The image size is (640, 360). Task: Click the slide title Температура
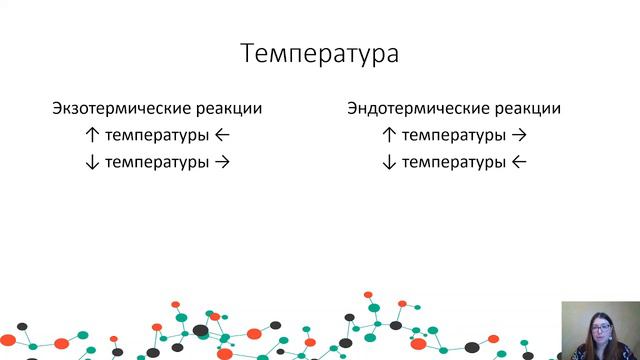pyautogui.click(x=319, y=53)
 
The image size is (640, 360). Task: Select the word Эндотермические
pyautogui.click(x=412, y=109)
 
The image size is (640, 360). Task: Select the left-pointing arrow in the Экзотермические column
pyautogui.click(x=222, y=135)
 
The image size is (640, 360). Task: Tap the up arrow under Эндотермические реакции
pyautogui.click(x=390, y=135)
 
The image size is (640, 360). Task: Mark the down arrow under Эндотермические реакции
pyautogui.click(x=390, y=161)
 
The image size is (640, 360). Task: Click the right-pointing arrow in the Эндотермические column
pyautogui.click(x=518, y=135)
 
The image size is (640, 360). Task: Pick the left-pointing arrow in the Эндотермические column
pyautogui.click(x=518, y=161)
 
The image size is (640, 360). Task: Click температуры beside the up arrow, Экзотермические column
pyautogui.click(x=157, y=135)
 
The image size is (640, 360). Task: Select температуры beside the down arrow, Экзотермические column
pyautogui.click(x=157, y=161)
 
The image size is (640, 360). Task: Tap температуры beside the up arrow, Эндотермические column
pyautogui.click(x=453, y=135)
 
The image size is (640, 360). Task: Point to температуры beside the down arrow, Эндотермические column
pyautogui.click(x=453, y=161)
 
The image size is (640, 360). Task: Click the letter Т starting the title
pyautogui.click(x=248, y=53)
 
